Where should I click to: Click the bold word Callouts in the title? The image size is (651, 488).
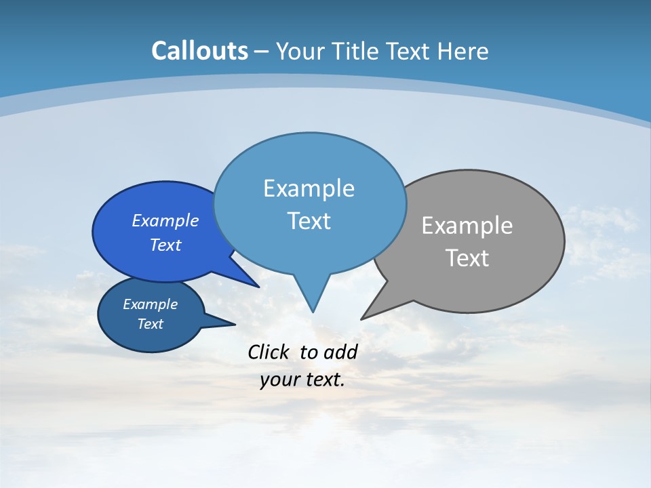click(199, 51)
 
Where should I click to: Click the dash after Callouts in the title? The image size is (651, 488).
click(262, 52)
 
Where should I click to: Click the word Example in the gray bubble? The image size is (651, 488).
click(467, 225)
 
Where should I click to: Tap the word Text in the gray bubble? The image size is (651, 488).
click(467, 258)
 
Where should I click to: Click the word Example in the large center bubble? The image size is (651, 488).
click(309, 188)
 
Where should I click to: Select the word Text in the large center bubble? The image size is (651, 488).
click(309, 221)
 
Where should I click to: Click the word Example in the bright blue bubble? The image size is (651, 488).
click(165, 221)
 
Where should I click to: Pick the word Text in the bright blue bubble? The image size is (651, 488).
click(165, 245)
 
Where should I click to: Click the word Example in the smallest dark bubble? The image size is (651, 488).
click(150, 304)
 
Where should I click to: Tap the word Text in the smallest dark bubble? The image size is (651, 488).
click(150, 324)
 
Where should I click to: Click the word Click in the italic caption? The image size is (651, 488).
click(269, 352)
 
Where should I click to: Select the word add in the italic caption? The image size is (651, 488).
click(340, 352)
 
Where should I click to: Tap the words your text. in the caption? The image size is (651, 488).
click(302, 380)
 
